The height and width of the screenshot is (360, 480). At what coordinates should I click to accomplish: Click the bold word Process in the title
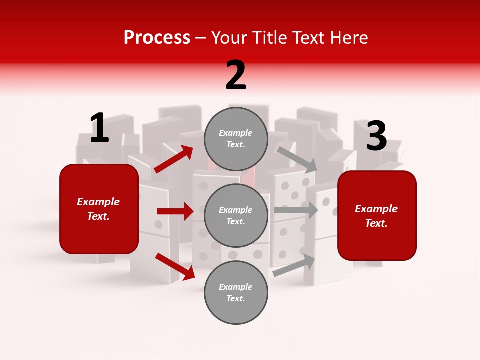coord(157,38)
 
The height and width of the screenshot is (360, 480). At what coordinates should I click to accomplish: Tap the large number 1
coord(99,128)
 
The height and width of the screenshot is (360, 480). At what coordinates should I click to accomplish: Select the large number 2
coord(236,75)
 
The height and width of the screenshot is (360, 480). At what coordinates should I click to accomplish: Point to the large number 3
coord(376,136)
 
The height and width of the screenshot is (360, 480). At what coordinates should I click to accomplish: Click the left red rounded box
coord(99,209)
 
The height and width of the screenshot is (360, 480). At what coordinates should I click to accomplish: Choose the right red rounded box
coord(377,216)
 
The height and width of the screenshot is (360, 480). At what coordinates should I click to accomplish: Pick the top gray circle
coord(236,139)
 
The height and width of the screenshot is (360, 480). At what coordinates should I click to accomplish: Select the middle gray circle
coord(236,215)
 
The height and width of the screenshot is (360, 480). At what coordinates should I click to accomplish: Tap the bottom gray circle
coord(236,292)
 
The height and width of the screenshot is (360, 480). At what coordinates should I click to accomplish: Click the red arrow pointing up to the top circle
coord(174,159)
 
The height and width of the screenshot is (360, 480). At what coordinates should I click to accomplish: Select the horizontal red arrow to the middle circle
coord(175,211)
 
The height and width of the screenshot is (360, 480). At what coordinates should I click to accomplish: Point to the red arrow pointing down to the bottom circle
coord(175,266)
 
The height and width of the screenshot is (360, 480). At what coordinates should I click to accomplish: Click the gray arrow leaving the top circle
coord(297,159)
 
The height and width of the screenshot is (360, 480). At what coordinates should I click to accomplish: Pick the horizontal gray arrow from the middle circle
coord(295,210)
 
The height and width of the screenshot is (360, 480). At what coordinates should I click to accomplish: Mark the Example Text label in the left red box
coord(98,209)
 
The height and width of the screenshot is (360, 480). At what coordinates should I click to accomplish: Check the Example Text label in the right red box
coord(376,216)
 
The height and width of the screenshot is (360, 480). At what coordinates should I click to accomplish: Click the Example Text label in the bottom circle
coord(235,292)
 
